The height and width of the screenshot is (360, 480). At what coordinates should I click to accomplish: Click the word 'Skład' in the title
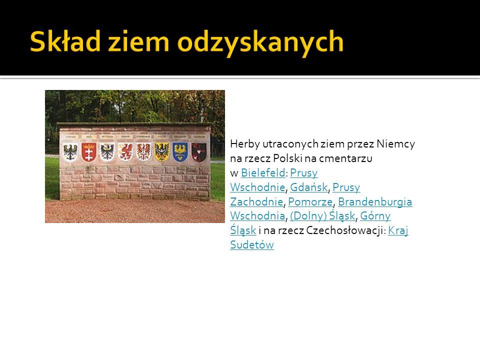(x=65, y=41)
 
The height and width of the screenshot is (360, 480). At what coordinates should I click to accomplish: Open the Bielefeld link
(x=263, y=173)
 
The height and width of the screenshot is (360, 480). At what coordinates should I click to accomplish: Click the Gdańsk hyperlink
(x=308, y=187)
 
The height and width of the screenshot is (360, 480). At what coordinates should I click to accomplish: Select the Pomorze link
(x=310, y=201)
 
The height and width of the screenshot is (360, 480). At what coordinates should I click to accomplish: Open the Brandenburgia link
(x=375, y=201)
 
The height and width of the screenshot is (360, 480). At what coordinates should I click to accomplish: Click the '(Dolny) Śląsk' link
(x=322, y=216)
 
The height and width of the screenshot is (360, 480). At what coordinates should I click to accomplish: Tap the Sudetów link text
(x=252, y=244)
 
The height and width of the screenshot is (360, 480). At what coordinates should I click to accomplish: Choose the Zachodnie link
(x=256, y=201)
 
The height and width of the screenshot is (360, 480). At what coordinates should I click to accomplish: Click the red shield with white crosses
(x=89, y=152)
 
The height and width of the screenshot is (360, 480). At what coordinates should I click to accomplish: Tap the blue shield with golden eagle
(x=180, y=152)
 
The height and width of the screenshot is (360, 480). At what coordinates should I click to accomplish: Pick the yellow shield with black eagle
(x=162, y=152)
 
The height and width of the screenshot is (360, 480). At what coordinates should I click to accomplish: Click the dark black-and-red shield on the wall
(x=198, y=152)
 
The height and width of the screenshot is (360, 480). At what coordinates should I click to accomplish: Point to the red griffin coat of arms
(x=125, y=152)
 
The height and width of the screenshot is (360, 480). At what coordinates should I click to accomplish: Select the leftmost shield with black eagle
(x=70, y=152)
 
